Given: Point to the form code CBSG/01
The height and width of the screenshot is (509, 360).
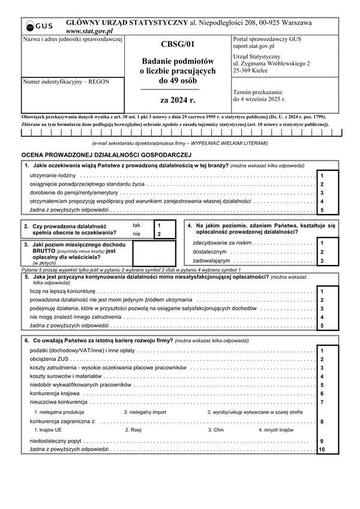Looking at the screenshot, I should coord(178,44).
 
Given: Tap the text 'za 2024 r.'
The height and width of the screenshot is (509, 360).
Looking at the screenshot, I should coord(178,100).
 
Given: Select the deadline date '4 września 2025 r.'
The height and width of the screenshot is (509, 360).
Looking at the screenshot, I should coord(259,99).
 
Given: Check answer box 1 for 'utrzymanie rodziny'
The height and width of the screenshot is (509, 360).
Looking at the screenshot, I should coord(328,176).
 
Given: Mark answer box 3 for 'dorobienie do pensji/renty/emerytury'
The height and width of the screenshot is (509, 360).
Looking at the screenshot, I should coord(328,193).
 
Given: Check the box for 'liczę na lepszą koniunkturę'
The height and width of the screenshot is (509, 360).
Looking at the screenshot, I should coord(328,291).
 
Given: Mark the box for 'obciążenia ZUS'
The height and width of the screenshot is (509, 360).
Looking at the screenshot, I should coord(328,359).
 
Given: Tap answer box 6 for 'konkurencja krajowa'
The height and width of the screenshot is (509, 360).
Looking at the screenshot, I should coord(328,394).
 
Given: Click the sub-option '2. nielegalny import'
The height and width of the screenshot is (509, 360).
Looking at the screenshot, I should coord(145,412).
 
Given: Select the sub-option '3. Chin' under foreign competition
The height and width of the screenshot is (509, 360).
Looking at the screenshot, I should coord(215,430).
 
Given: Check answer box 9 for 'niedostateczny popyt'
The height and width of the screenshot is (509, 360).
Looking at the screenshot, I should coord(328,441).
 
